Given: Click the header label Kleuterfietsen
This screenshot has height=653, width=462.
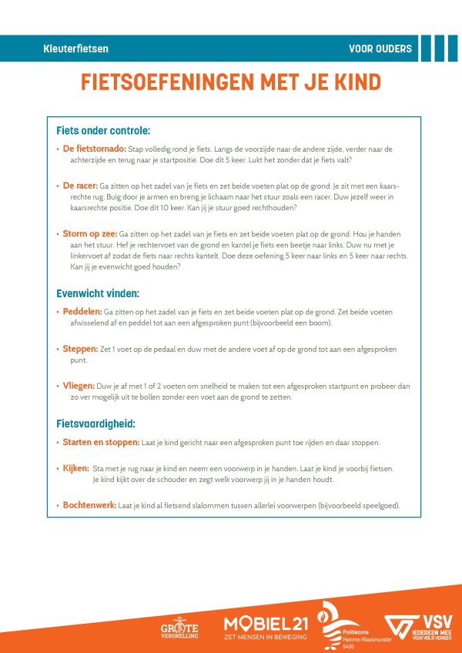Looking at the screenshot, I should (76, 49).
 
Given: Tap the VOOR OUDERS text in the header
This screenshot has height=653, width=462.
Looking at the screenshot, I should (380, 49).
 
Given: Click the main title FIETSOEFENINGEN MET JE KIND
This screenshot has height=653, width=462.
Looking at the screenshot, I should (231, 82).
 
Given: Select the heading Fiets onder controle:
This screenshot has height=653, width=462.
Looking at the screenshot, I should (103, 130).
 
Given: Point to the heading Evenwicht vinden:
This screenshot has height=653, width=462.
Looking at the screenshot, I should (98, 293).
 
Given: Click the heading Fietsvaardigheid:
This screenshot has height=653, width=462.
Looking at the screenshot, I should (95, 424).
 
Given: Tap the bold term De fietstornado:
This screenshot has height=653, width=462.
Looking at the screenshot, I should (95, 149).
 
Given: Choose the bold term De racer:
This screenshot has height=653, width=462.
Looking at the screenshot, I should (80, 186).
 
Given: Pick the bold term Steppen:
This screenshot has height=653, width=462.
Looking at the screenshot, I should (81, 349).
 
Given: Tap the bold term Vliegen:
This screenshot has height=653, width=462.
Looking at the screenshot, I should (79, 386).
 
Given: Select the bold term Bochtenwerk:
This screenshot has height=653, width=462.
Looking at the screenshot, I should (89, 505).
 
